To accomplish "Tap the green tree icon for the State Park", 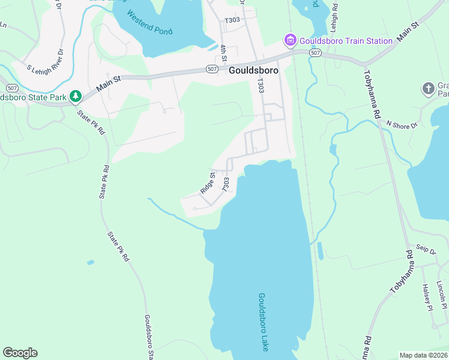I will pyautogui.click(x=76, y=96).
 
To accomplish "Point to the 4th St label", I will pyautogui.click(x=223, y=52).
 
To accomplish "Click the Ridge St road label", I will pyautogui.click(x=208, y=182).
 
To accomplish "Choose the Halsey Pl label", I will pyautogui.click(x=427, y=298).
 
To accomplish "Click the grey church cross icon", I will pyautogui.click(x=428, y=88).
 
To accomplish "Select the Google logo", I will pyautogui.click(x=20, y=353).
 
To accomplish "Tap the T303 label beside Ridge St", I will pyautogui.click(x=226, y=185).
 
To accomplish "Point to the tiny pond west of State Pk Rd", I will pyautogui.click(x=90, y=262).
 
